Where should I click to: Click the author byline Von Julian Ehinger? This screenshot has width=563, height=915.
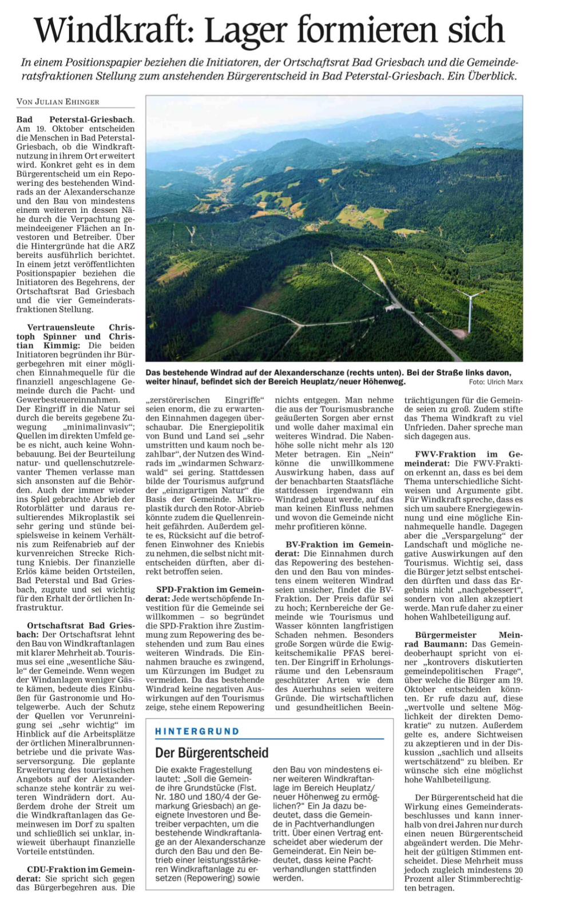click(x=58, y=102)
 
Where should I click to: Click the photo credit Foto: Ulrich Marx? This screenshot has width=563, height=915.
click(x=495, y=382)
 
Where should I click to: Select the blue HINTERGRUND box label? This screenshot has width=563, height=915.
click(x=197, y=731)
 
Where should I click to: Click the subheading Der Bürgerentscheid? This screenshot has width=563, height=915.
click(x=212, y=753)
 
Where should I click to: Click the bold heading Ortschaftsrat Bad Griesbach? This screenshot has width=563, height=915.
click(x=80, y=626)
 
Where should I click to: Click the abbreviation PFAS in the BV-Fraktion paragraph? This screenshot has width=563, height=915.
click(x=349, y=653)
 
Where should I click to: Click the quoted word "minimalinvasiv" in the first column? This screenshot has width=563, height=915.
click(x=99, y=427)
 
